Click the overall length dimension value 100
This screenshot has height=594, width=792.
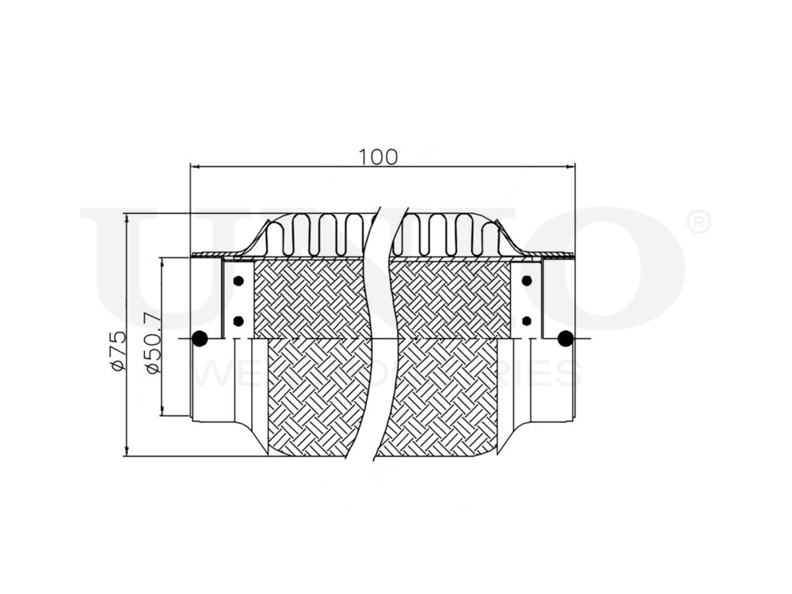pos(378,156)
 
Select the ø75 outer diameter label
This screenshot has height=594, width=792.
pos(118,350)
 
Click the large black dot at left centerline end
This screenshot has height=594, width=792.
pos(200,338)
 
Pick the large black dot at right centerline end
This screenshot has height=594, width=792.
pos(565,338)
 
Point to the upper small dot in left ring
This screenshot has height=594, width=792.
pos(238,281)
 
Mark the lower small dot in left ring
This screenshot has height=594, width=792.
pos(238,321)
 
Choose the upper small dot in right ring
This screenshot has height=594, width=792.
pos(527,281)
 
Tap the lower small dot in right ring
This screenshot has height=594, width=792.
pos(527,321)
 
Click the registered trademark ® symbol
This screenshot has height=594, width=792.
pos(697,223)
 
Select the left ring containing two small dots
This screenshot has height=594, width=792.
pos(238,299)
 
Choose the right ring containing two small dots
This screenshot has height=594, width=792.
pos(527,299)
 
